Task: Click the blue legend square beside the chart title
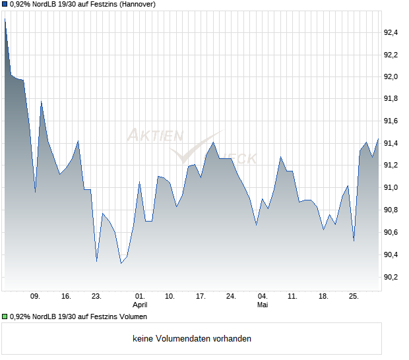[5, 4]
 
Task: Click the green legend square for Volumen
[5, 316]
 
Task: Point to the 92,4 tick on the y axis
[391, 32]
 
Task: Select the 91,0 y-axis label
[391, 188]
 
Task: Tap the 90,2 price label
[391, 277]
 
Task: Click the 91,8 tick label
[391, 98]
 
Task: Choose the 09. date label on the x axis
[35, 297]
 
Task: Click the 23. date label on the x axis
[96, 297]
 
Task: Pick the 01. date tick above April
[140, 297]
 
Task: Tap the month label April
[140, 305]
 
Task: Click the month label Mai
[263, 305]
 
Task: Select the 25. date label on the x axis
[354, 297]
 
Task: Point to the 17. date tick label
[201, 297]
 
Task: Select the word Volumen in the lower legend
[133, 316]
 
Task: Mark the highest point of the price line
[5, 18]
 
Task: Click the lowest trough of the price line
[121, 263]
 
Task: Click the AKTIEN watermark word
[156, 135]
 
